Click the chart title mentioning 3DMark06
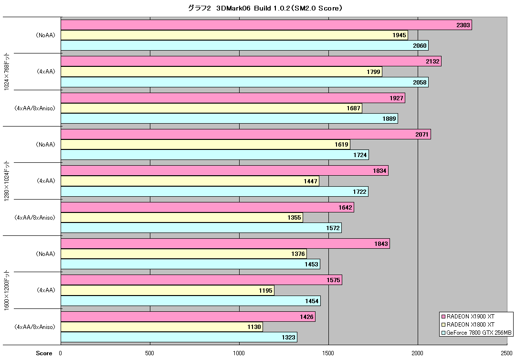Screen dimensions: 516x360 click(x=265, y=8)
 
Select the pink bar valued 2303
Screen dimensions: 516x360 click(x=266, y=25)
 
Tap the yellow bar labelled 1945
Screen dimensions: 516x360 click(x=234, y=35)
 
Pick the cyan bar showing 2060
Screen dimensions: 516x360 click(x=244, y=45)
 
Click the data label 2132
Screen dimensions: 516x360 click(x=432, y=62)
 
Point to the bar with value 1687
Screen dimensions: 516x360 click(x=211, y=108)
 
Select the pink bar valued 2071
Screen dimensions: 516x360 click(x=246, y=134)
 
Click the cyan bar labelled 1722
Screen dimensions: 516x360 click(x=214, y=191)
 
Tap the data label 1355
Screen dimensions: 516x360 click(x=294, y=218)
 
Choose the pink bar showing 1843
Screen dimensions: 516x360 click(x=225, y=244)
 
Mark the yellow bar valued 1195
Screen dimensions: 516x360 click(x=168, y=290)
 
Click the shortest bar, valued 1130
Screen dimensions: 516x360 click(x=162, y=327)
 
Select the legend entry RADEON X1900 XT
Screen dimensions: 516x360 click(x=468, y=317)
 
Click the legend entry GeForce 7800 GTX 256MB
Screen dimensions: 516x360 click(x=476, y=333)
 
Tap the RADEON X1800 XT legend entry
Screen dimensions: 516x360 click(x=468, y=325)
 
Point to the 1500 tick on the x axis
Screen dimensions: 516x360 click(x=328, y=353)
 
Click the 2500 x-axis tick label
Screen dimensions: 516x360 click(x=506, y=353)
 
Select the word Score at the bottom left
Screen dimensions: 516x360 click(x=44, y=353)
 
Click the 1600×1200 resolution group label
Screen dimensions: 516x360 click(x=7, y=290)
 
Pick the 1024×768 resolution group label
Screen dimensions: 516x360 click(x=7, y=72)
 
